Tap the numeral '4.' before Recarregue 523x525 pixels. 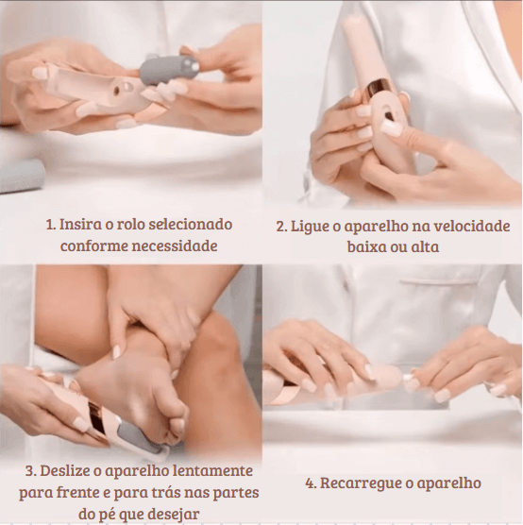(311, 483)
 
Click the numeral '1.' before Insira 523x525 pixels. (51, 226)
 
